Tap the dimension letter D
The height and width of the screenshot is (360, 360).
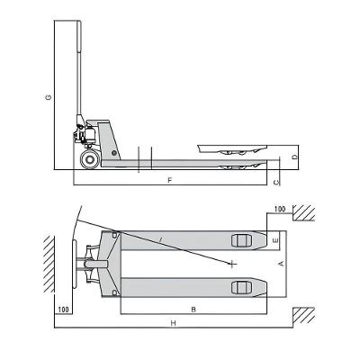point(294,158)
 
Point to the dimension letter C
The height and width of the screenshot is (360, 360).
point(276,182)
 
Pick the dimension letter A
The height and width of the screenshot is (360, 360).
point(282,263)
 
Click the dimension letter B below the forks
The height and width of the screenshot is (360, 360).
point(193,308)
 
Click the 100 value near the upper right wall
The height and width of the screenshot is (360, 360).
point(279,209)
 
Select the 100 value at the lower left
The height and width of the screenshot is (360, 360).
point(62,309)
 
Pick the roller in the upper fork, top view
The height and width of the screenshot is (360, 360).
point(239,240)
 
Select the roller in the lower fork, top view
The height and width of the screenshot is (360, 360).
point(239,287)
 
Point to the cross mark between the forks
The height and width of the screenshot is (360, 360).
point(232,264)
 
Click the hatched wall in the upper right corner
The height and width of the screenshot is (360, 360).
point(304,213)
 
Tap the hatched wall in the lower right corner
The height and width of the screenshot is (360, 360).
point(304,315)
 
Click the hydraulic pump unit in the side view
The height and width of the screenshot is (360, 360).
point(88,135)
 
